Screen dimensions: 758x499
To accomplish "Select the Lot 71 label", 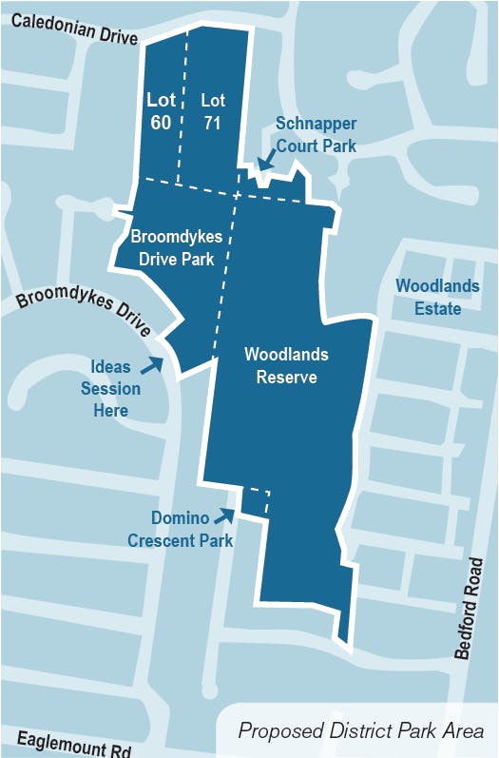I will [213, 110].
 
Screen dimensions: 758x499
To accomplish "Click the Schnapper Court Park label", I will [316, 134].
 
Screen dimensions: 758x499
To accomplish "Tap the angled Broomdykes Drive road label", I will [84, 309].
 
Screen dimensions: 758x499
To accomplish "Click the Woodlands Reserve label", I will [286, 366].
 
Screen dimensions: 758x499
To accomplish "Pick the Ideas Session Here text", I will [116, 388].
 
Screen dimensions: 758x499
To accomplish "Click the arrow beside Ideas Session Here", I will [152, 364].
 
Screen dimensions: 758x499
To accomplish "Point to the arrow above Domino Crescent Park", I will [225, 515].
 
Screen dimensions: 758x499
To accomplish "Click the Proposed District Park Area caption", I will [361, 731].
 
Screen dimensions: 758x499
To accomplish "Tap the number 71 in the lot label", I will [213, 121].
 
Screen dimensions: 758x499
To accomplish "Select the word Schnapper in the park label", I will [316, 123].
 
